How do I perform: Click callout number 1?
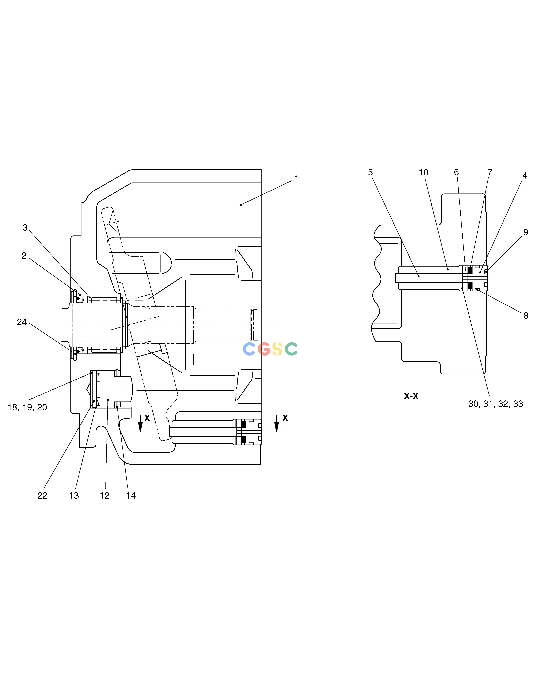(x=297, y=178)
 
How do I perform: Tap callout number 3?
(x=25, y=228)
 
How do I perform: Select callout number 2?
(x=24, y=256)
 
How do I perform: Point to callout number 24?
(x=22, y=322)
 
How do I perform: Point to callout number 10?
(x=424, y=173)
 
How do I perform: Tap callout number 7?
(x=490, y=173)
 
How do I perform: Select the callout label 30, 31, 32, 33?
(x=496, y=404)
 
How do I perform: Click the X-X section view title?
(x=411, y=396)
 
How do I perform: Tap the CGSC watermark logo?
(x=270, y=349)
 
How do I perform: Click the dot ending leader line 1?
(x=241, y=205)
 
